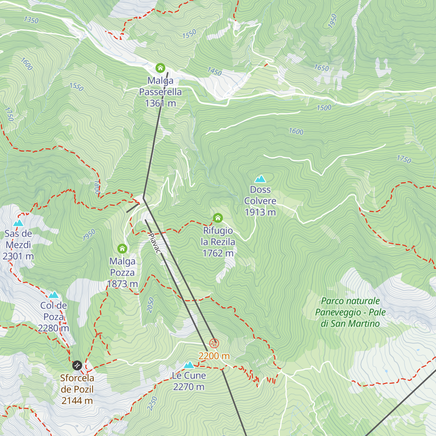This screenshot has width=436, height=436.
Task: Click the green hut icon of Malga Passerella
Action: [160, 68]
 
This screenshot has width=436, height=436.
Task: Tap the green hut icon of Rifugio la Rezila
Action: [218, 218]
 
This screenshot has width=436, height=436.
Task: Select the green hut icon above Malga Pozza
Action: [122, 249]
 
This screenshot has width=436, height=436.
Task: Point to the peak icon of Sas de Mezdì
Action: [18, 223]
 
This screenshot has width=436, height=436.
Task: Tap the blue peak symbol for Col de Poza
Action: [54, 295]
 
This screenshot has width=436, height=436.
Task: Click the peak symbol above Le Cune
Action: [189, 365]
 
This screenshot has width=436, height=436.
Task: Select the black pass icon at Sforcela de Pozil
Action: [77, 365]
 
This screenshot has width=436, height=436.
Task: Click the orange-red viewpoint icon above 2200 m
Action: [214, 343]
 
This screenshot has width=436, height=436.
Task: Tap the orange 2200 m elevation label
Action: [214, 356]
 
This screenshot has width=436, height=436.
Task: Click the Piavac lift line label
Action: [154, 243]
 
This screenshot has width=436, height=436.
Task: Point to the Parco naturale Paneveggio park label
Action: [350, 312]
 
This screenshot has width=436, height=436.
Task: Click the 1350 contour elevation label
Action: [31, 20]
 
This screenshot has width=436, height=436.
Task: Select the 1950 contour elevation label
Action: [332, 21]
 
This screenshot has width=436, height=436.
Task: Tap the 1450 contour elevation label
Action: [214, 72]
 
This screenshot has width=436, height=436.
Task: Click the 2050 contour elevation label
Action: [150, 305]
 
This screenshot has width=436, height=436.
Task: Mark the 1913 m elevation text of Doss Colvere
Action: [260, 212]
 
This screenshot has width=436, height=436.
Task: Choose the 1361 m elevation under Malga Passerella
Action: [160, 104]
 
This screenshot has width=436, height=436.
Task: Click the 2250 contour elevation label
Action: [153, 404]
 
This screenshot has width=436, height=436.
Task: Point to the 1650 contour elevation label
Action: [322, 68]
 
